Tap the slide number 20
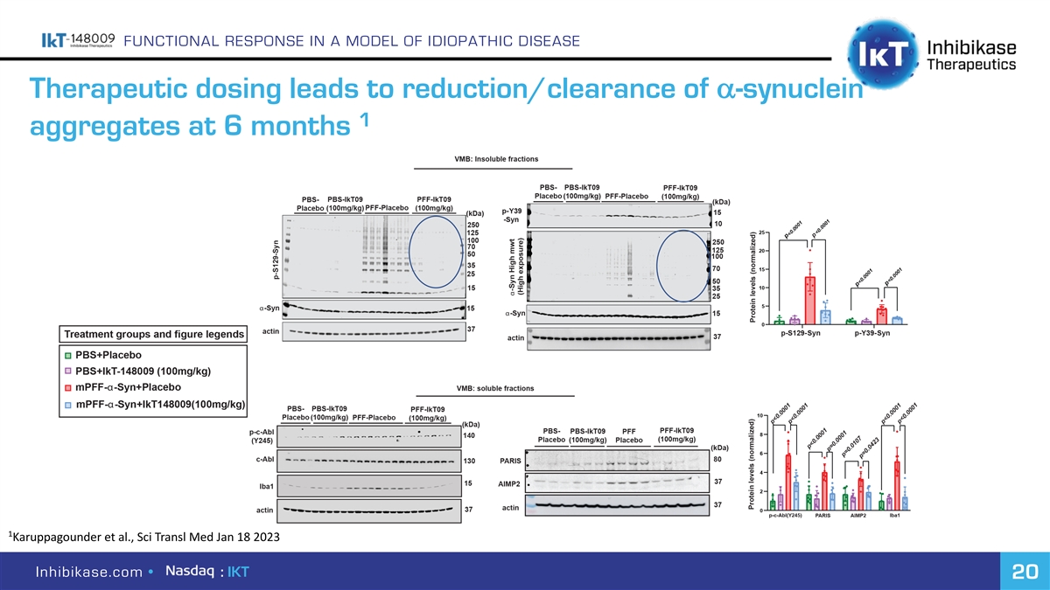(x=1020, y=572)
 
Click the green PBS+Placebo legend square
(x=67, y=355)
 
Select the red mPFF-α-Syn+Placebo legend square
(x=67, y=387)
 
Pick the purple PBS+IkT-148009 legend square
(x=67, y=371)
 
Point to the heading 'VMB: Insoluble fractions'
(x=494, y=159)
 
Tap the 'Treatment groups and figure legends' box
(x=151, y=335)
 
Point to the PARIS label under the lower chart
(x=822, y=516)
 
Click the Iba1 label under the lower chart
(x=895, y=516)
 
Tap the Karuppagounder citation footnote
(x=144, y=536)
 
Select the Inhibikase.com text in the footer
(x=90, y=573)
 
